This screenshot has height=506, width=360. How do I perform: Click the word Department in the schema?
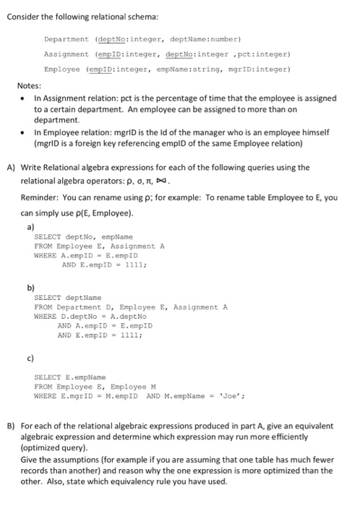coord(65,40)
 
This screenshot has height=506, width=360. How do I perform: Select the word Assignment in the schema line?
coord(67,54)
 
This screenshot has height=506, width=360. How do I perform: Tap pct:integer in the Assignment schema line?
coord(262,54)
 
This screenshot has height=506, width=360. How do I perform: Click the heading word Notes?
coord(30,85)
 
